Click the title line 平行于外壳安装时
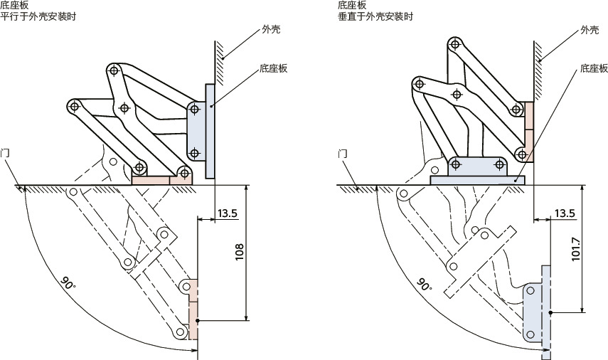(38, 16)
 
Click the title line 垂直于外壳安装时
(375, 16)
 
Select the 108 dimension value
(239, 250)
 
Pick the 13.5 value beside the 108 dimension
(228, 213)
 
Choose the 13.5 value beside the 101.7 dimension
(564, 213)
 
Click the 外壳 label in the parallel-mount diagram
(270, 30)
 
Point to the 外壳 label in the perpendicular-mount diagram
(590, 30)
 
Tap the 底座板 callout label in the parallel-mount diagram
(273, 69)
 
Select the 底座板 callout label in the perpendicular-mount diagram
(594, 69)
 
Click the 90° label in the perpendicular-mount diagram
(425, 285)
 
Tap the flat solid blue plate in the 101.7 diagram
(477, 181)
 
